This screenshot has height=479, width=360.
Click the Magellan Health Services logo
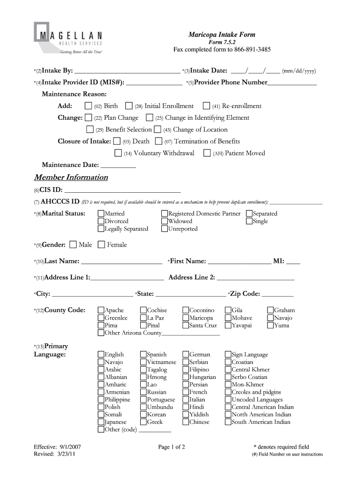68,38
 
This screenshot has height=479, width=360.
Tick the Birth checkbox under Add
88,106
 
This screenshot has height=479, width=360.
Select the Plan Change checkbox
88,118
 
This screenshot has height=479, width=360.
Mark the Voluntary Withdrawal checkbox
118,153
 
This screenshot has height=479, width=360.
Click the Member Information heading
71,178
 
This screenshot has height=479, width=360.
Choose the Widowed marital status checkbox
165,221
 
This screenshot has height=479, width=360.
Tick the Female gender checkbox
101,245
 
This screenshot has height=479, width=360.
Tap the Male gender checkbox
73,245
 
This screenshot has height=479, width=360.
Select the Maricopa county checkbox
186,318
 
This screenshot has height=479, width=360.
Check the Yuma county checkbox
270,326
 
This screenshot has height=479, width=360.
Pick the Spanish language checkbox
144,355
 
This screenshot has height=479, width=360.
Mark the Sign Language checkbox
228,355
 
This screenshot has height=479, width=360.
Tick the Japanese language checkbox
101,422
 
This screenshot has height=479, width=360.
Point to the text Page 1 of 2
172,447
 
